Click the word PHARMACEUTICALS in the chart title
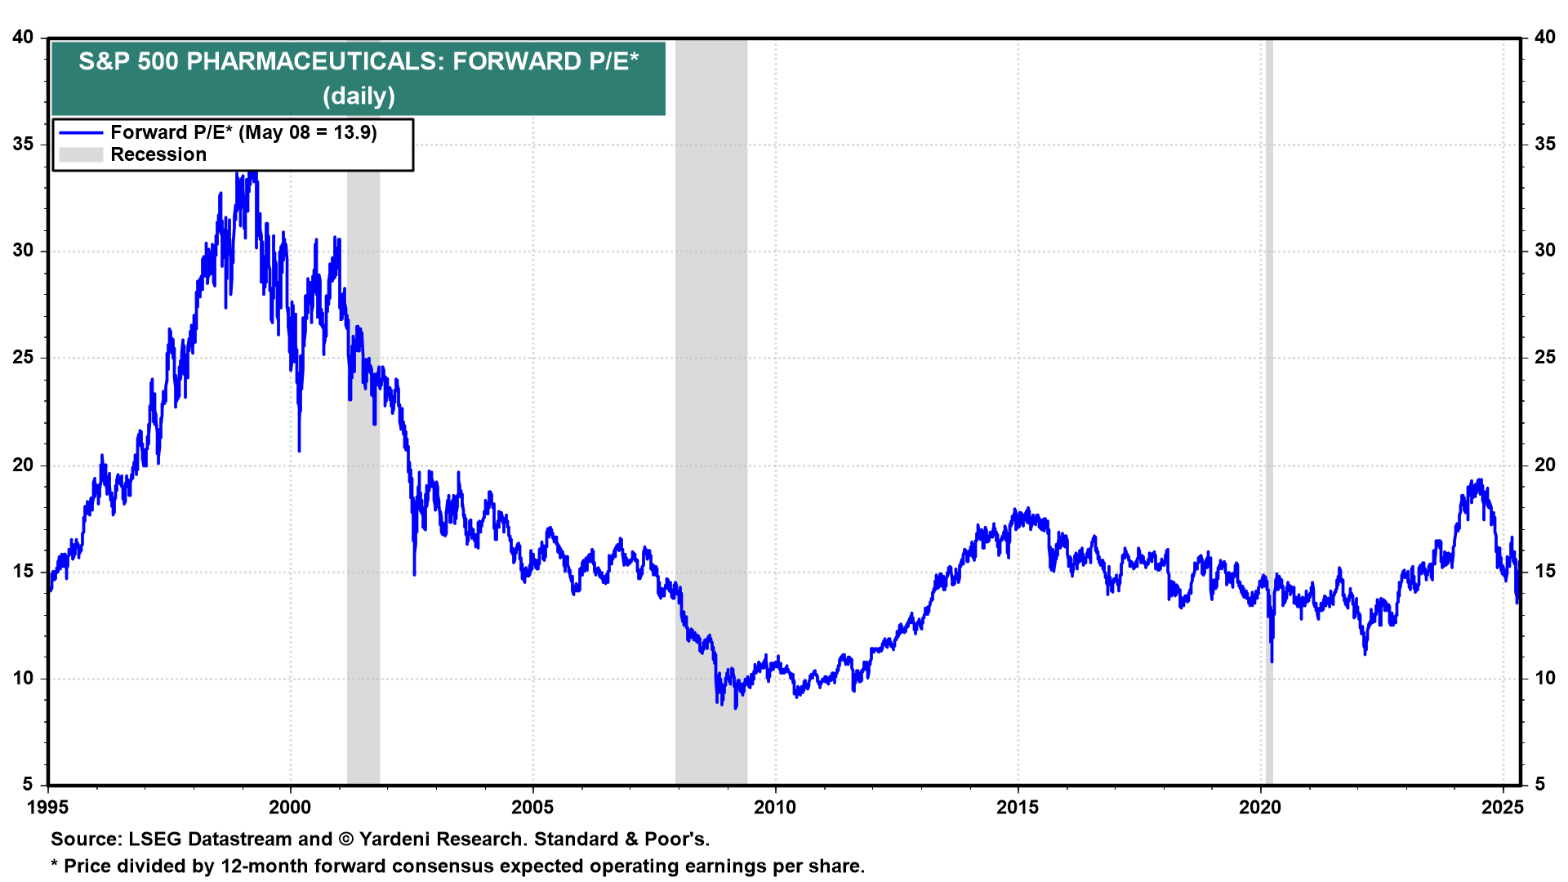(x=315, y=61)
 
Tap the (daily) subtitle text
(x=359, y=96)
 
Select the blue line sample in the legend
(x=81, y=133)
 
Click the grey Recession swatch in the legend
(x=81, y=155)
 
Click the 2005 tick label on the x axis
(x=532, y=808)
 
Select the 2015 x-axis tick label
(x=1018, y=808)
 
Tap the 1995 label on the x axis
(x=48, y=808)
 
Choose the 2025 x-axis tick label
(x=1503, y=808)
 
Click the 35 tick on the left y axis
(x=23, y=145)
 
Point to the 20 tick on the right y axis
(x=1544, y=465)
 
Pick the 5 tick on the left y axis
(x=29, y=785)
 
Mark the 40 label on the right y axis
(x=1544, y=38)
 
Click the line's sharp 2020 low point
(x=1272, y=660)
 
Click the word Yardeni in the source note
(x=393, y=840)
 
